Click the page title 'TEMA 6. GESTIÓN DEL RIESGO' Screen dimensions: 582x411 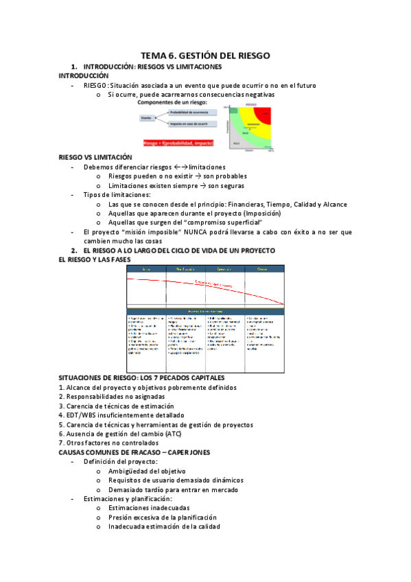coord(205,56)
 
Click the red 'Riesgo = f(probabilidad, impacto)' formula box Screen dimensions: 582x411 coord(178,143)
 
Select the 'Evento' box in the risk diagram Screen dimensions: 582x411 coord(146,118)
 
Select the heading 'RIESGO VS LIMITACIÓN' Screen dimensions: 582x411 coord(95,157)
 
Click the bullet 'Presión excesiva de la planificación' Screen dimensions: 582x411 coord(162,517)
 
